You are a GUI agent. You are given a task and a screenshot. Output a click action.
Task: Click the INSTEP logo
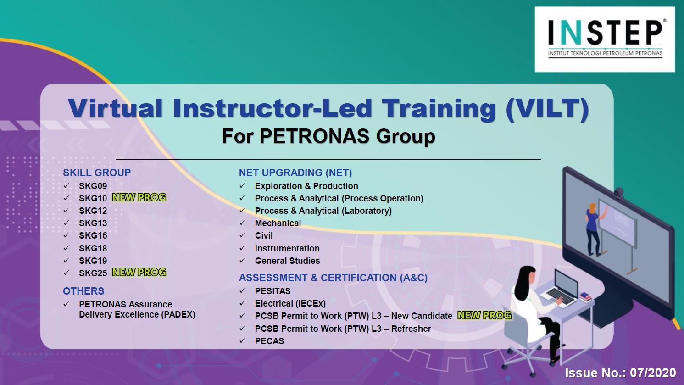[x=605, y=39]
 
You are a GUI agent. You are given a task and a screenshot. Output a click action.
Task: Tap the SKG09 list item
[x=93, y=186]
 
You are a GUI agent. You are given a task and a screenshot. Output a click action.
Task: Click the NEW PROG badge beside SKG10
[x=139, y=198]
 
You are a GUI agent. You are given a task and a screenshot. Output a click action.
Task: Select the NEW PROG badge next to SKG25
[x=139, y=272]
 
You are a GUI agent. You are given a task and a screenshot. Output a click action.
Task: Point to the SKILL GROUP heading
[x=97, y=173]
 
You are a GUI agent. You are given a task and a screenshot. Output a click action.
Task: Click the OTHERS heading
[x=83, y=291]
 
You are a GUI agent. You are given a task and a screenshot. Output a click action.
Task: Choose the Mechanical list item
[x=278, y=223]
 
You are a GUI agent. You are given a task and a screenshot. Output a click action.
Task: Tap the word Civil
[x=264, y=235]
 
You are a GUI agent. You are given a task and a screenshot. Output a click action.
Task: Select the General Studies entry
[x=287, y=261]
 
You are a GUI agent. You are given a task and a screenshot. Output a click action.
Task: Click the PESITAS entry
[x=272, y=291]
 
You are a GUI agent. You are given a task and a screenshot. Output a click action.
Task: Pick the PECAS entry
[x=269, y=341]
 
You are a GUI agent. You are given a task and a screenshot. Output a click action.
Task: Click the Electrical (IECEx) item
[x=290, y=303]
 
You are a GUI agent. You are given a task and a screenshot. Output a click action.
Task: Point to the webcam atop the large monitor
[x=619, y=193]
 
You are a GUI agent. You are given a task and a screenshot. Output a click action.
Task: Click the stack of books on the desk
[x=585, y=297]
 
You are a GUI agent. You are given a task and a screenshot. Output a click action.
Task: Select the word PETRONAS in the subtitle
[x=314, y=136]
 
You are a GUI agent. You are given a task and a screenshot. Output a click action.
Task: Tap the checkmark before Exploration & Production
[x=243, y=185]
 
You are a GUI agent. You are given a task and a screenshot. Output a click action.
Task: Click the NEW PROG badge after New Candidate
[x=484, y=315]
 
